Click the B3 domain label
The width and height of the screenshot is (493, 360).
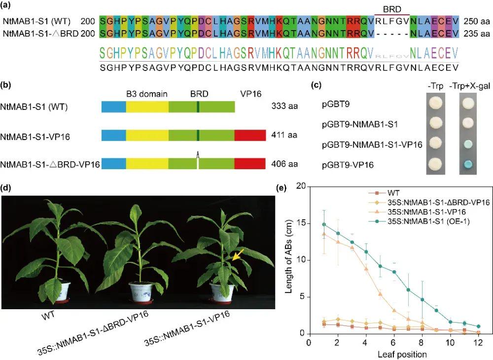tap(146, 93)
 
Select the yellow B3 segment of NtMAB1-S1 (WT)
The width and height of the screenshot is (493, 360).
tap(147, 107)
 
